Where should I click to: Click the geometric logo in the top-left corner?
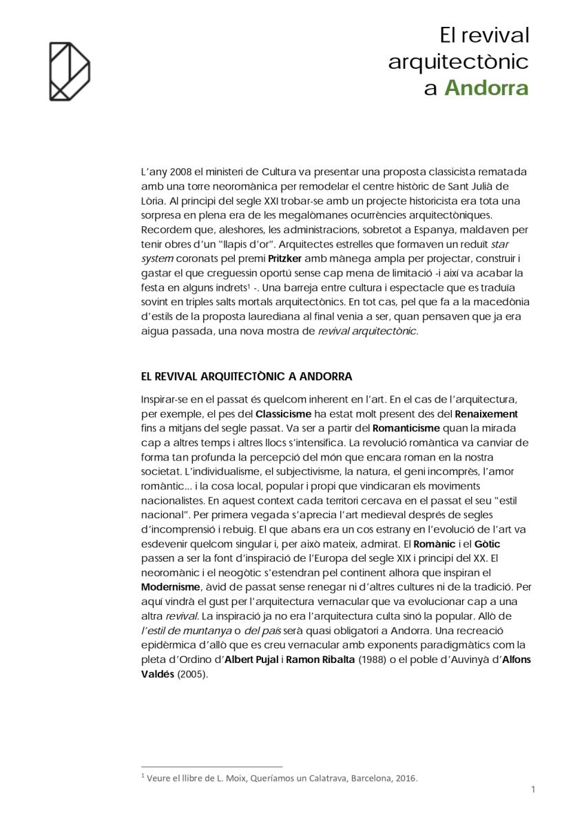pyautogui.click(x=69, y=71)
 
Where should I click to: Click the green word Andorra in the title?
pyautogui.click(x=486, y=89)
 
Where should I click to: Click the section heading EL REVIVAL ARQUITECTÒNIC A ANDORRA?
pyautogui.click(x=246, y=376)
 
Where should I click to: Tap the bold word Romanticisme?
pyautogui.click(x=406, y=428)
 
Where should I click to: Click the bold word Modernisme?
pyautogui.click(x=170, y=587)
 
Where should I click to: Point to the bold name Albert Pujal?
pyautogui.click(x=248, y=660)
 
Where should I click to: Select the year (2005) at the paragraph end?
pyautogui.click(x=192, y=674)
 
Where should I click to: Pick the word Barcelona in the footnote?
pyautogui.click(x=372, y=779)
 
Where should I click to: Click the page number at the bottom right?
pyautogui.click(x=533, y=789)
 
